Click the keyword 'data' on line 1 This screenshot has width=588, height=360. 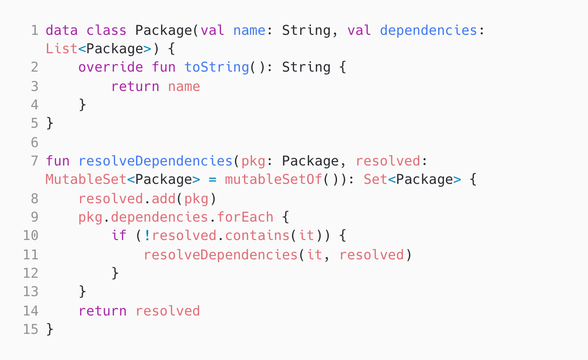coord(62,30)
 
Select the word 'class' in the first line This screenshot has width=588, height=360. coord(106,30)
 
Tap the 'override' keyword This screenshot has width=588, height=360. coord(111,67)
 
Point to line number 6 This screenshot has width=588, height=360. coord(34,142)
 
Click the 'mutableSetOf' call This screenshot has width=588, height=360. coord(274,180)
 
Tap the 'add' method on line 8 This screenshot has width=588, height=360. coord(167,198)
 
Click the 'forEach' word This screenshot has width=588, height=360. coord(245,217)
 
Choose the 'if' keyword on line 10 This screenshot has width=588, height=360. coord(119,236)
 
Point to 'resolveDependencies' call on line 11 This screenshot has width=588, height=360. coord(220,255)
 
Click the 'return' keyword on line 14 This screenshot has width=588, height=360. coord(103,311)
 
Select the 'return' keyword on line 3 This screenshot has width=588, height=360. coord(135,86)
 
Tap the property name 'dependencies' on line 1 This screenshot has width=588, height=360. coord(428,30)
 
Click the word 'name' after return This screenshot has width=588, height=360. coord(184,86)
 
